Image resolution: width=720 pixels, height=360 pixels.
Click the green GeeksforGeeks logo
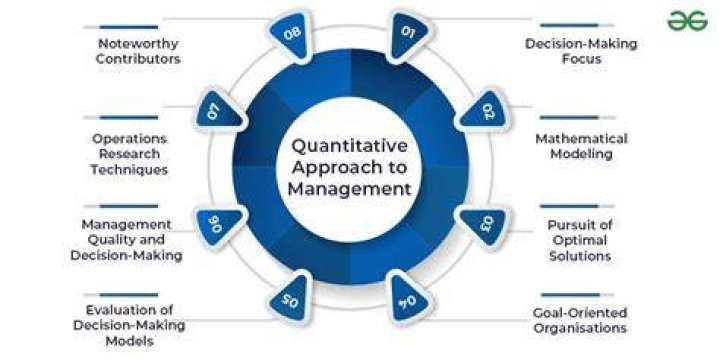[687, 21]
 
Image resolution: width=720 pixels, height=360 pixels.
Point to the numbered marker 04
[409, 299]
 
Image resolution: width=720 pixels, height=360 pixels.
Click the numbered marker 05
[290, 299]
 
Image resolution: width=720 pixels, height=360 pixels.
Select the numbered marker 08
[290, 34]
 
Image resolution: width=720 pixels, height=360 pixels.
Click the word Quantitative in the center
[349, 146]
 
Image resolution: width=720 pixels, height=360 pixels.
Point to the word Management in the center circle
[349, 189]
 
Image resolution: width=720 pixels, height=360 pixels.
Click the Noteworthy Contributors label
[138, 51]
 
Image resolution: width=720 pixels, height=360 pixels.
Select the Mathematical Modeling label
[581, 146]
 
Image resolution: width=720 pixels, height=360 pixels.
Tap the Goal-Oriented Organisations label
[579, 321]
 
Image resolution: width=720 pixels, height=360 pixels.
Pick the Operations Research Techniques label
[129, 154]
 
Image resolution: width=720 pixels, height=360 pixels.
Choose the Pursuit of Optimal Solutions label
[580, 240]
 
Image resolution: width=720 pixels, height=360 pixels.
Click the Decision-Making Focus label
[581, 51]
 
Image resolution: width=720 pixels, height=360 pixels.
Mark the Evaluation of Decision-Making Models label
[129, 326]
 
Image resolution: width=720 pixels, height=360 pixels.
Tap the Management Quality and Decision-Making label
[126, 240]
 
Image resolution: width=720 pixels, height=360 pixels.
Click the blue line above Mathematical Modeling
[569, 118]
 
